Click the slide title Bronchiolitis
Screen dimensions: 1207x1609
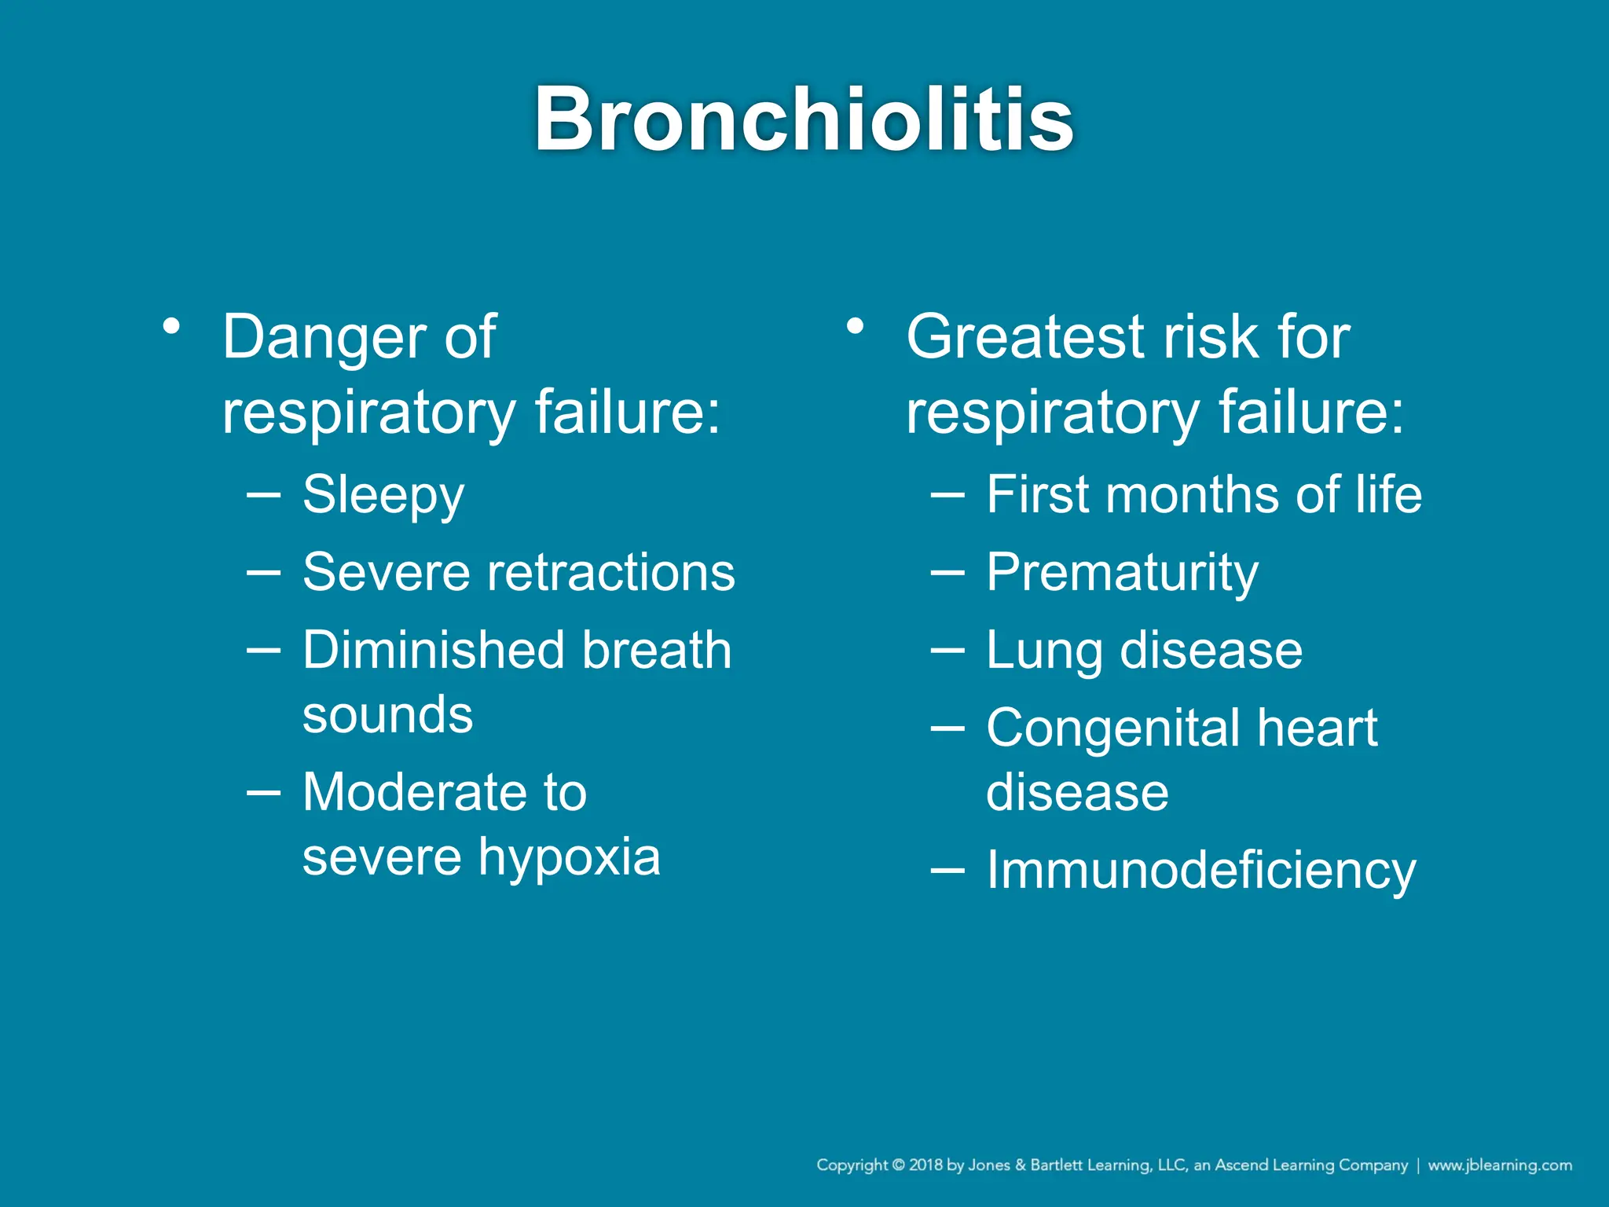(x=804, y=119)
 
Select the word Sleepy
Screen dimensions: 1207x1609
(x=383, y=496)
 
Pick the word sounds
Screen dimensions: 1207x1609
(x=387, y=715)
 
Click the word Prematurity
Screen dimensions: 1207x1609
(x=1122, y=573)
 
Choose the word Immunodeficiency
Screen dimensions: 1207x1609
(x=1200, y=871)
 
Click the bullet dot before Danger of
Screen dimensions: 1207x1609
(x=172, y=325)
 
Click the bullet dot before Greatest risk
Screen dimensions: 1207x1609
(x=856, y=325)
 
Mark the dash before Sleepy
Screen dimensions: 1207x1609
(x=263, y=496)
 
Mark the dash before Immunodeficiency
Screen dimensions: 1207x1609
(x=947, y=871)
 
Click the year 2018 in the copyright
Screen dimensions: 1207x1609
(x=925, y=1165)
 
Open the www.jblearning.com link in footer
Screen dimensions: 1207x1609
(x=1499, y=1165)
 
